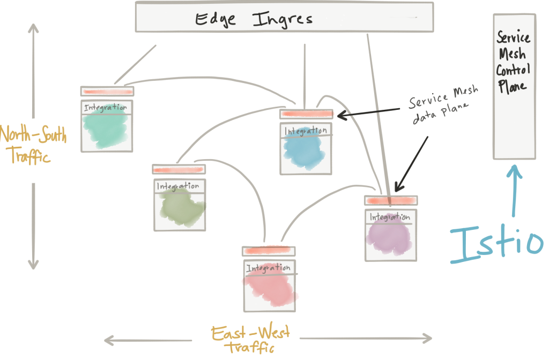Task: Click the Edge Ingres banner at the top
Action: (284, 17)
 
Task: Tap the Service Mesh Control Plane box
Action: (514, 86)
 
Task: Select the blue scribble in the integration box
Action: (305, 153)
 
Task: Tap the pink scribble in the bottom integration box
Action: (271, 289)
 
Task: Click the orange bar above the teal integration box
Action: (107, 92)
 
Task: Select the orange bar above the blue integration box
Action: (306, 114)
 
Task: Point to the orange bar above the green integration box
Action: (179, 170)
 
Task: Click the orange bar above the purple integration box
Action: (390, 200)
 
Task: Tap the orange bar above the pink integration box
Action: (269, 250)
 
